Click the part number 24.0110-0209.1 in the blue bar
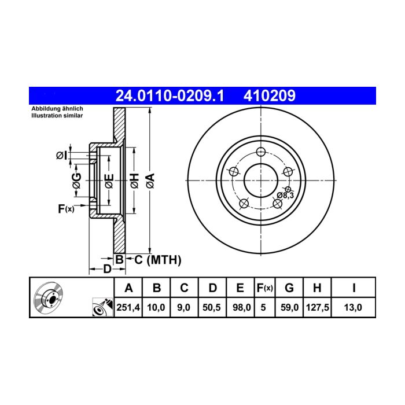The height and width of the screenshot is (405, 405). tap(170, 95)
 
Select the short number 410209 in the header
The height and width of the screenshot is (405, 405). tap(270, 95)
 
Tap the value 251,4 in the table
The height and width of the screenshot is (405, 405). tap(128, 307)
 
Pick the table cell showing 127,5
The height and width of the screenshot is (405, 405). tap(318, 307)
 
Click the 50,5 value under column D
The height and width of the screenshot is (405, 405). tap(212, 307)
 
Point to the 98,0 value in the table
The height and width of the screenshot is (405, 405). tap(241, 307)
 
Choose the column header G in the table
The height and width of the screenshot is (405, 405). tap(289, 288)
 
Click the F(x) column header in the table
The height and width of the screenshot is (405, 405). tap(265, 288)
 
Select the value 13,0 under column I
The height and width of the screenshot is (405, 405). tap(353, 307)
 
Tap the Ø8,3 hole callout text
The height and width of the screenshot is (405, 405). tap(285, 196)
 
